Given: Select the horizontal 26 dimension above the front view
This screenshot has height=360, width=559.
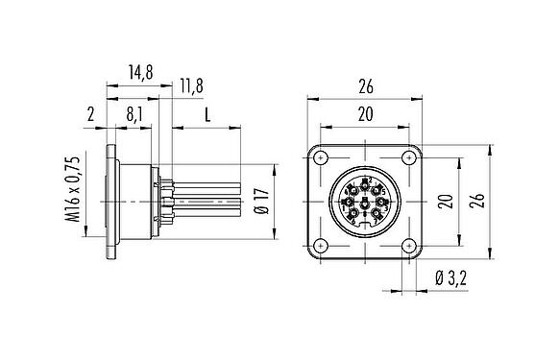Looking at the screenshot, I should pos(366,85).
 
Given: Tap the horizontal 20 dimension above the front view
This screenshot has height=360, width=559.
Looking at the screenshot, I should pos(366,113).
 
